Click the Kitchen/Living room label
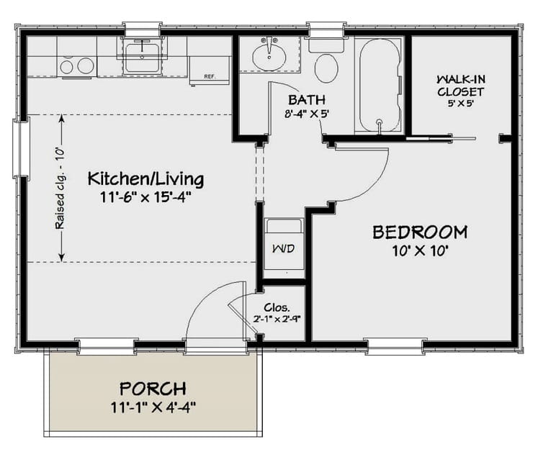pyautogui.click(x=145, y=178)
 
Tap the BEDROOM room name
pyautogui.click(x=419, y=232)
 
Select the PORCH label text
pyautogui.click(x=153, y=388)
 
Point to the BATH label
pyautogui.click(x=307, y=99)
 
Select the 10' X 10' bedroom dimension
pyautogui.click(x=421, y=250)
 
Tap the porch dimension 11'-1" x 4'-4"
pyautogui.click(x=153, y=407)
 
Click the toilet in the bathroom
pyautogui.click(x=327, y=66)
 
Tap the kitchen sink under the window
pyautogui.click(x=142, y=57)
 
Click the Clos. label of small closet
pyautogui.click(x=282, y=306)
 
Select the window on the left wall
pyautogui.click(x=21, y=149)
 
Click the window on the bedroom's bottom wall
pyautogui.click(x=395, y=346)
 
